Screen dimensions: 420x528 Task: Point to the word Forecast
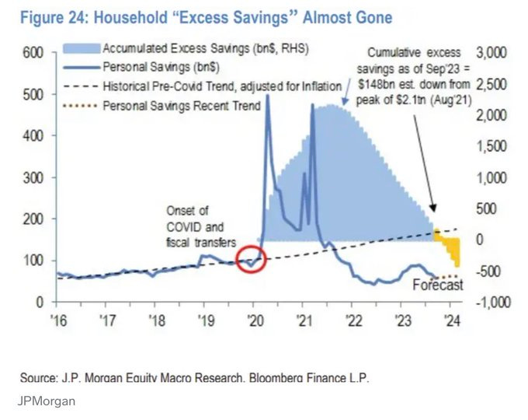point(437,285)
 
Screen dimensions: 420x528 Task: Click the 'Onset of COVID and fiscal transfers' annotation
point(195,226)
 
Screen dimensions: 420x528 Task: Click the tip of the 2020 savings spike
point(268,96)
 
